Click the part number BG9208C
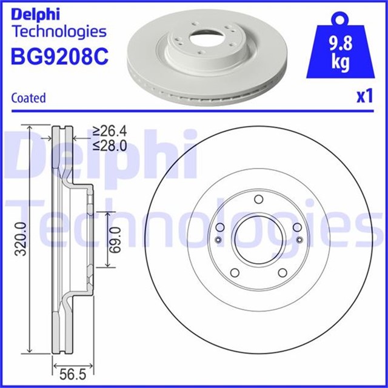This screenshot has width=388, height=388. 59,56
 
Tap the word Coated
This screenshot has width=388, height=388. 28,98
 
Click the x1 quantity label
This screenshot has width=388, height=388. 364,96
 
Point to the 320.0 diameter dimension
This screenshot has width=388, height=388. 21,239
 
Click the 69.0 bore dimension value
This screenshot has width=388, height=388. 115,239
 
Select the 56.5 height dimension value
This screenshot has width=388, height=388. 73,375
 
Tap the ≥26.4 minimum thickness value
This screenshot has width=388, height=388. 110,131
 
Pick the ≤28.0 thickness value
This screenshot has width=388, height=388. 110,145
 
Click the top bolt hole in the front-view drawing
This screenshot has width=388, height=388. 259,199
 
